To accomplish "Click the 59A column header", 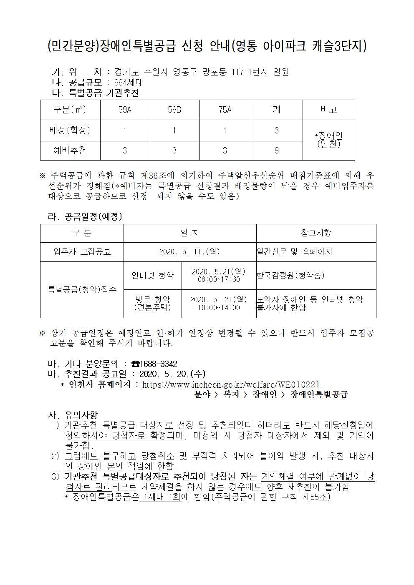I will [x=124, y=110].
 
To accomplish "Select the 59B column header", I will [x=174, y=110].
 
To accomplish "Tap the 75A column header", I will [x=225, y=110].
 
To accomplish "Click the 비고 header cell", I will [x=328, y=110].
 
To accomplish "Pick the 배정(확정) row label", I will [x=70, y=130].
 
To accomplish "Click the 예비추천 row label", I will [x=70, y=150].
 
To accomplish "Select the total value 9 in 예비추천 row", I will [x=276, y=150].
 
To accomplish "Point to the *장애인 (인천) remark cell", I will [x=328, y=140].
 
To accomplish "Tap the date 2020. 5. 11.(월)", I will [x=189, y=252].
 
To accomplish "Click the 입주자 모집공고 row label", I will [x=82, y=252].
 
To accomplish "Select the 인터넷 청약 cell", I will [x=152, y=275].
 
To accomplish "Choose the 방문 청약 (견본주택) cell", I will [x=152, y=303].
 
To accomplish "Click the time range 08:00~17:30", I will [x=219, y=279].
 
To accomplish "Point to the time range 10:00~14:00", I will [x=219, y=308].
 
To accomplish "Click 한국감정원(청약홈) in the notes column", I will [x=290, y=275].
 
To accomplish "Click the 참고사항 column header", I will [x=316, y=233].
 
